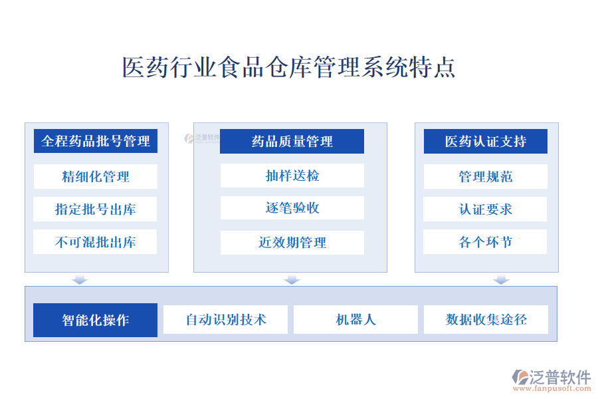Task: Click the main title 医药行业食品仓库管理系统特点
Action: (289, 67)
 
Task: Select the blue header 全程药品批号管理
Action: (95, 141)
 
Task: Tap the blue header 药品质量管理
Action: (292, 141)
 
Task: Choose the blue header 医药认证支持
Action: (486, 141)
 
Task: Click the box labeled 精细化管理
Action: (95, 176)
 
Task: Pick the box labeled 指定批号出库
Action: (95, 209)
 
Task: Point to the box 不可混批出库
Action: (95, 241)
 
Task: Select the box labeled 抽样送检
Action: (292, 176)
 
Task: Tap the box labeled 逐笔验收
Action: (292, 207)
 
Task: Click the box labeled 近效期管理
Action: (292, 243)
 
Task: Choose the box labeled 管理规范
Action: (486, 176)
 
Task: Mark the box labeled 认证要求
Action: (485, 209)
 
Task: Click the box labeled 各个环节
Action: (485, 241)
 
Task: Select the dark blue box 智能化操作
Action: (95, 320)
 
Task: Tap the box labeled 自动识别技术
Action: (225, 320)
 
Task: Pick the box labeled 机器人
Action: (356, 320)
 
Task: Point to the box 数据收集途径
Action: (486, 320)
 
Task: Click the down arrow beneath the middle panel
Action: (292, 279)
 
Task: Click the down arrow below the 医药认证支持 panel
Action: (501, 279)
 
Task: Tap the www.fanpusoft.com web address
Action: (552, 388)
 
